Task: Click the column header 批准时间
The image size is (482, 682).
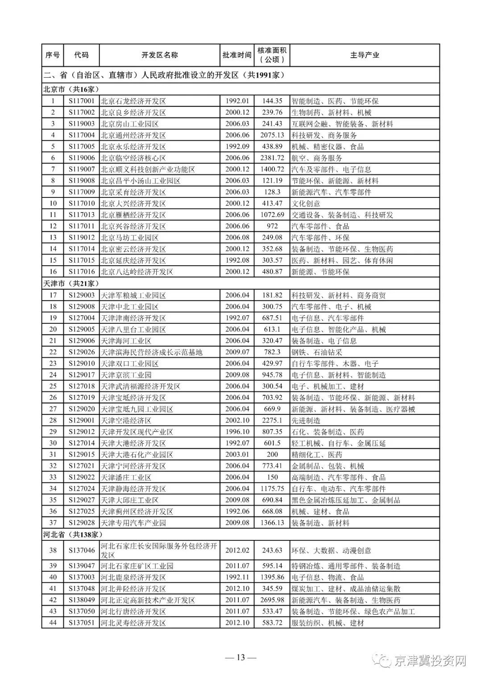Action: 237,55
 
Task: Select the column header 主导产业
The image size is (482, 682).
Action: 364,55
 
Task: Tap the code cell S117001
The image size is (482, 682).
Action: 81,101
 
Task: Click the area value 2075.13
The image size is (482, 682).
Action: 272,135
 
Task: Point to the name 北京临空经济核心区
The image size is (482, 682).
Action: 133,158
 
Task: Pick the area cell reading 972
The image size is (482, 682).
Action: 272,226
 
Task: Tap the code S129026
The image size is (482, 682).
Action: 81,352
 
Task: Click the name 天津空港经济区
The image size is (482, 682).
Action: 126,421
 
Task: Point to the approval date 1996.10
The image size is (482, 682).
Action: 237,432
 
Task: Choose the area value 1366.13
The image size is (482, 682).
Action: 272,523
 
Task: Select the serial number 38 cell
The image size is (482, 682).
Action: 53,550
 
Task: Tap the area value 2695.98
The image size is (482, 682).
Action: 272,600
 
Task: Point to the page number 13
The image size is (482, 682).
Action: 241,657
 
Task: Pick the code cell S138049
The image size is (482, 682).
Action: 81,600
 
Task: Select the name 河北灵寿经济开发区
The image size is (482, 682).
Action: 133,623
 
